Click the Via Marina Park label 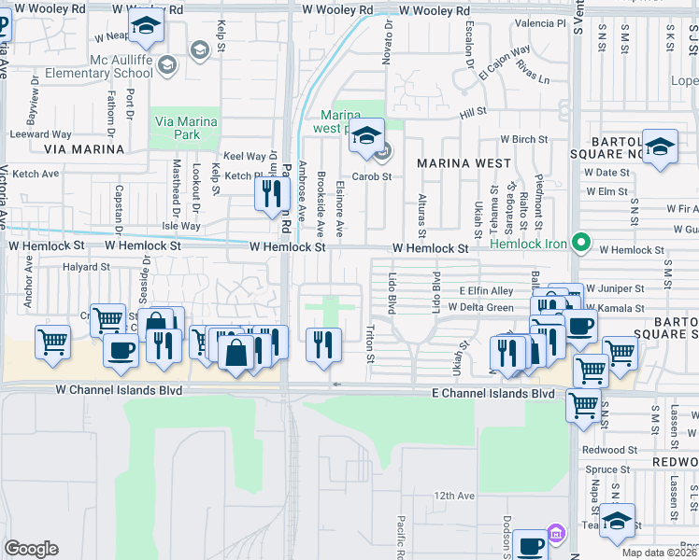pyautogui.click(x=185, y=128)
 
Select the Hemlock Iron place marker pyautogui.click(x=581, y=245)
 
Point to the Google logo pyautogui.click(x=31, y=549)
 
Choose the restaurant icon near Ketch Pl pyautogui.click(x=269, y=193)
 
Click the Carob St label pyautogui.click(x=370, y=176)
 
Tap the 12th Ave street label pyautogui.click(x=454, y=496)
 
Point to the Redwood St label pyautogui.click(x=608, y=450)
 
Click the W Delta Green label pyautogui.click(x=480, y=307)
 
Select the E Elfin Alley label pyautogui.click(x=486, y=291)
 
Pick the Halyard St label pyautogui.click(x=86, y=267)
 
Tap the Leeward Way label pyautogui.click(x=41, y=134)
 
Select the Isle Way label pyautogui.click(x=181, y=226)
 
